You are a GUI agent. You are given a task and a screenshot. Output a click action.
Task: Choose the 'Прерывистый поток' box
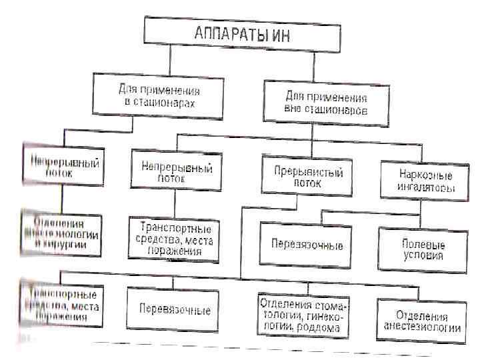(308, 175)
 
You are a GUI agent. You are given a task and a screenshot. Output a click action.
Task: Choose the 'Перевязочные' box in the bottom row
(174, 310)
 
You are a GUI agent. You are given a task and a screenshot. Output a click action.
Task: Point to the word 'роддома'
(321, 327)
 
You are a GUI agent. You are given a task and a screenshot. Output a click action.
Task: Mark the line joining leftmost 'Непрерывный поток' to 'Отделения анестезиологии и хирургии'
(61, 197)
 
